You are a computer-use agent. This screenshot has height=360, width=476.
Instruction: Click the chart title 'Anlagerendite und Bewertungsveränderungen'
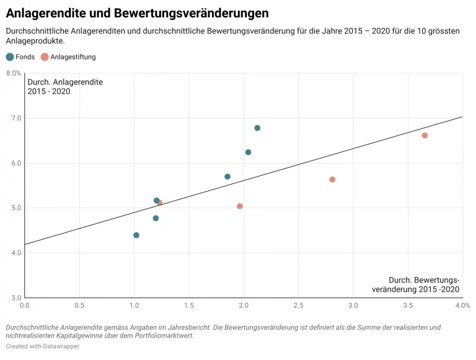point(137,13)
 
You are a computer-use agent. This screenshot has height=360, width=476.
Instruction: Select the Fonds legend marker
point(10,57)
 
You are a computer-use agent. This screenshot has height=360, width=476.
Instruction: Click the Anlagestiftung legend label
point(73,57)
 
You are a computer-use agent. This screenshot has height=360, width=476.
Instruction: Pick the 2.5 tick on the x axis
point(299,305)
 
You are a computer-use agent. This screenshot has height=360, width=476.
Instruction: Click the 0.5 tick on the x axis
point(79,305)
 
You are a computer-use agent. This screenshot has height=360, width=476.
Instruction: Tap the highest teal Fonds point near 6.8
point(257,128)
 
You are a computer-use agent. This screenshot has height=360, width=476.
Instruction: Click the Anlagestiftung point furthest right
point(425,136)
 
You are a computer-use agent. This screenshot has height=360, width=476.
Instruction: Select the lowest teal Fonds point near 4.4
point(136,235)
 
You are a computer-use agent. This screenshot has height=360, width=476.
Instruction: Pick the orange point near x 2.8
point(332,180)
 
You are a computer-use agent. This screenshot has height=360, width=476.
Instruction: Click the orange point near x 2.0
point(240,206)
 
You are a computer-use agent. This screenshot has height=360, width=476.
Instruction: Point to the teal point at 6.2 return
point(248,152)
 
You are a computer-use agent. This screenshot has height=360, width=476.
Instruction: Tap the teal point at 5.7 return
point(227,177)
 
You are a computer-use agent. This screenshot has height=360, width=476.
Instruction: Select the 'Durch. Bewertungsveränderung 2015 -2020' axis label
point(415,284)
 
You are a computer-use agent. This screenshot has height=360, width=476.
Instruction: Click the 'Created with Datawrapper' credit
point(43,346)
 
